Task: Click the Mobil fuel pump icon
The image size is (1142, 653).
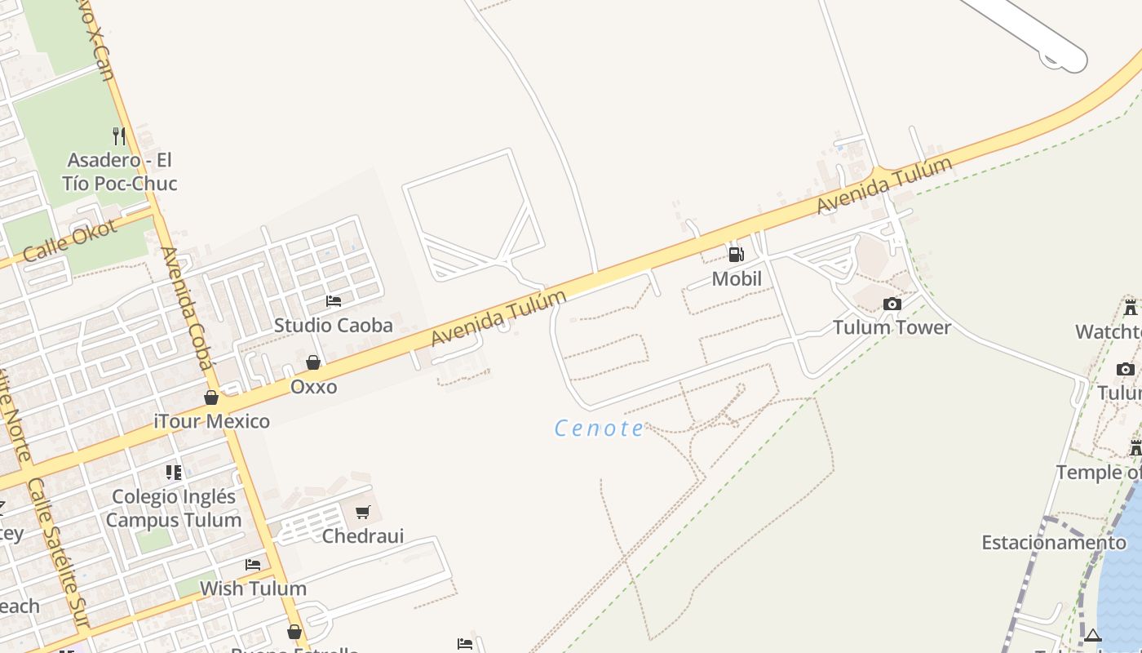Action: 736,255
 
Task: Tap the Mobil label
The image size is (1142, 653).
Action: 737,279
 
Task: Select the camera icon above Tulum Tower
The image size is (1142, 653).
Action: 892,304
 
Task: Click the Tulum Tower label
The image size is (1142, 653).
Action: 892,327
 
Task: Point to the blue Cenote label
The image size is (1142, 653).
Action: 600,428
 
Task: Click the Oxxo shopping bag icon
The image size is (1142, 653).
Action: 313,362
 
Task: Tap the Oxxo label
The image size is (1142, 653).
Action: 314,386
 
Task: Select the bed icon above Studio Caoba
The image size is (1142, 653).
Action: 334,301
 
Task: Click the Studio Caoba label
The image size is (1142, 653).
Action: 333,325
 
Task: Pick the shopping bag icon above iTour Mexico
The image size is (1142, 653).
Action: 211,398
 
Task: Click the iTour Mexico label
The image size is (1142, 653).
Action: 212,421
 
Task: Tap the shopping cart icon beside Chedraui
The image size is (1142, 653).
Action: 363,513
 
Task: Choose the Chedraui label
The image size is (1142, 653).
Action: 363,536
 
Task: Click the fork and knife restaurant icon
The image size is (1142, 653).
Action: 119,135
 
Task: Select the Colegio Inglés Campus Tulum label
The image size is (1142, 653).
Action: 174,508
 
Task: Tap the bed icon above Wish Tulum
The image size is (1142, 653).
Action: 253,565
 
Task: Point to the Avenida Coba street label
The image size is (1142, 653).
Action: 187,309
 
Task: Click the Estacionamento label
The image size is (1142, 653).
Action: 1054,543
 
